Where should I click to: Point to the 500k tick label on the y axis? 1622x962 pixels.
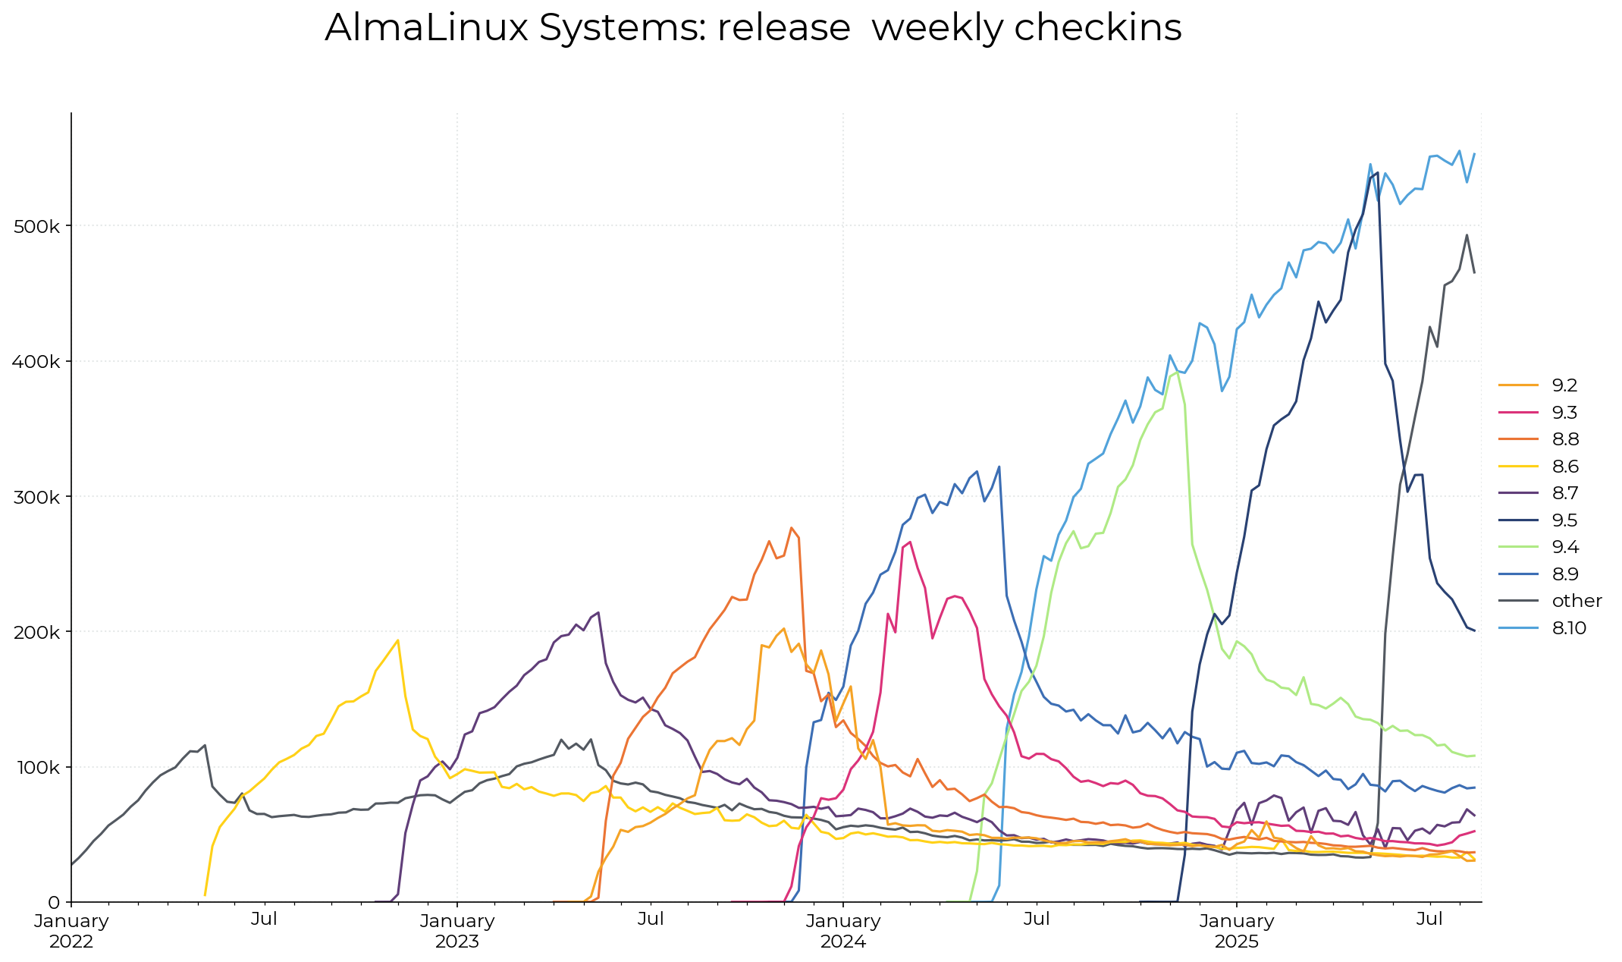tap(37, 226)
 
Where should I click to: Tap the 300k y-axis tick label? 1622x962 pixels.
tap(37, 497)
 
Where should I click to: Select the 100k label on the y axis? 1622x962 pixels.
tap(37, 767)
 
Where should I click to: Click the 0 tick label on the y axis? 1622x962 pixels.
tap(54, 902)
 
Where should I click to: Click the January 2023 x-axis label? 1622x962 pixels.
tap(457, 931)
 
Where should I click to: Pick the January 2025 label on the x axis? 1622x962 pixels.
tap(1236, 931)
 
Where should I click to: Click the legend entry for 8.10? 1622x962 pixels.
tap(1569, 628)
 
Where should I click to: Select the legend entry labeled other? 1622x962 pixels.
tap(1577, 601)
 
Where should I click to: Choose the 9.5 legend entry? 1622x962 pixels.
tap(1564, 520)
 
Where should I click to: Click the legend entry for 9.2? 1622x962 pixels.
tap(1564, 385)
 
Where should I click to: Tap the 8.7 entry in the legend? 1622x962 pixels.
tap(1564, 493)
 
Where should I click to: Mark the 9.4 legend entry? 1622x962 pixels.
tap(1565, 547)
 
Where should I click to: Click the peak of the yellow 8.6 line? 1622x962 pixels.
tap(398, 640)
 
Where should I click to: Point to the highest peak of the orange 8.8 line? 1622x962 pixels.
tap(791, 527)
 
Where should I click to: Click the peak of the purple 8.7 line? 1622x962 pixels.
tap(598, 612)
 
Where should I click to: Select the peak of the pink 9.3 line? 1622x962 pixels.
tap(910, 542)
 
